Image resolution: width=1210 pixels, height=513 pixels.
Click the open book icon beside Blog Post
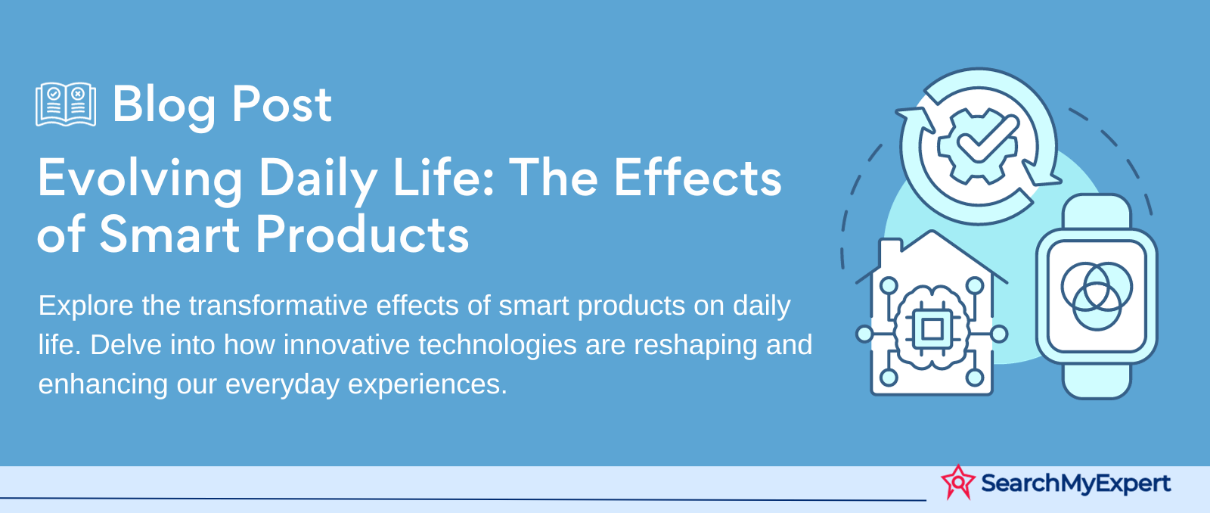point(66,104)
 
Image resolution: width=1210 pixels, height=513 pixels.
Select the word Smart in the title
point(169,234)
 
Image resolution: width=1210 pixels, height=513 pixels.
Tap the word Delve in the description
point(126,345)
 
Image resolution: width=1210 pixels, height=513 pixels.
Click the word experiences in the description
point(427,385)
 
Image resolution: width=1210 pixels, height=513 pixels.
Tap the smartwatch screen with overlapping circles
point(1097,295)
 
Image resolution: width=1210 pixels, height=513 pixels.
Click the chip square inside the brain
point(932,328)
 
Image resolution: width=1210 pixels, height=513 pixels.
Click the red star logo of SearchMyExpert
point(957,482)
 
